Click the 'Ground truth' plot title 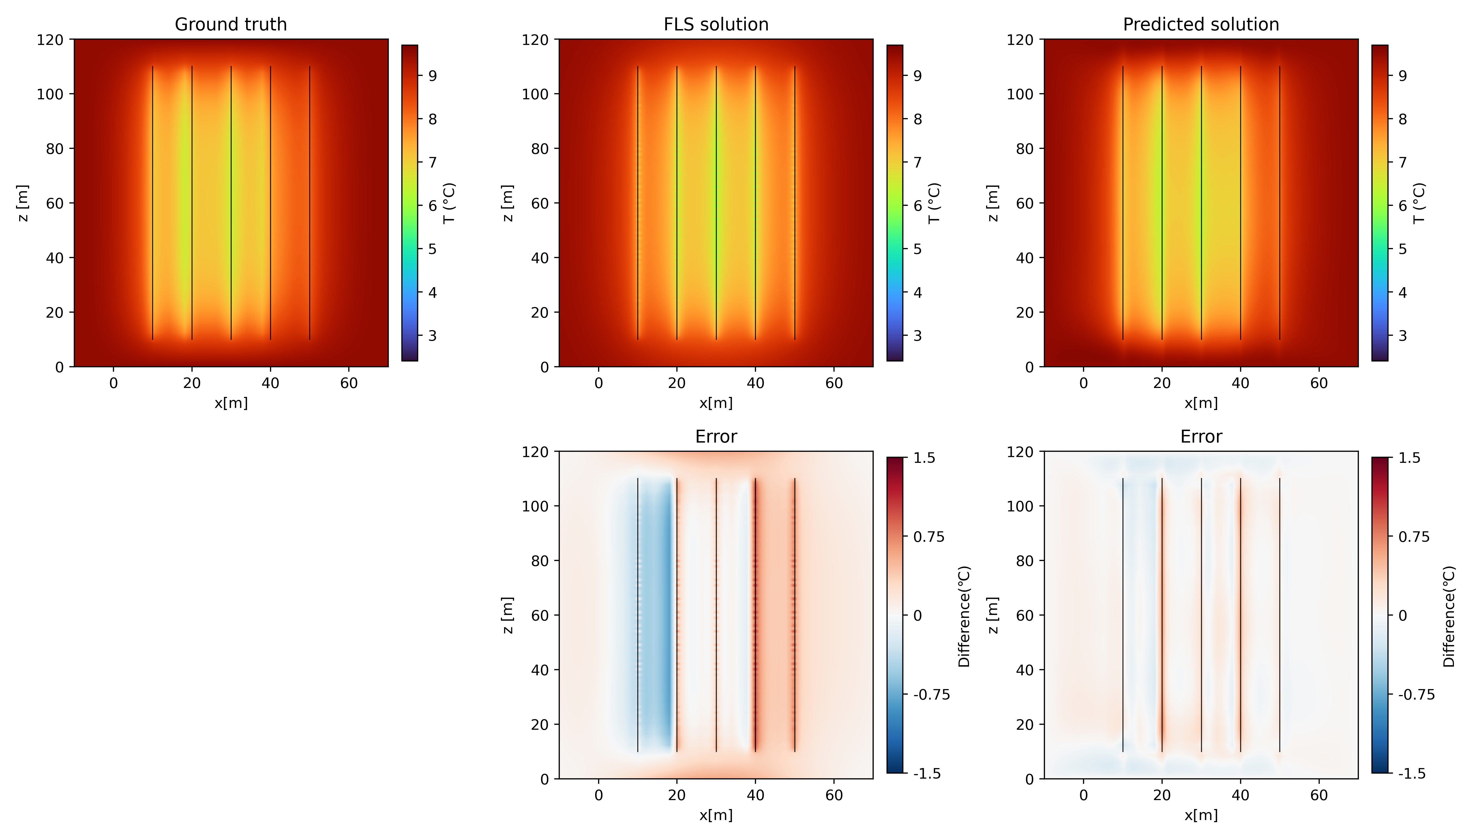pos(231,24)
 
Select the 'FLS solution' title pos(716,24)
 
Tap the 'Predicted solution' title pos(1201,24)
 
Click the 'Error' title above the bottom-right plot pos(1201,437)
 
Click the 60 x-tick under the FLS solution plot pos(834,383)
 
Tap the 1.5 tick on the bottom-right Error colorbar pos(1409,458)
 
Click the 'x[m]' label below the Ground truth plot pos(231,403)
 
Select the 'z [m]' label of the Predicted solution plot pos(992,203)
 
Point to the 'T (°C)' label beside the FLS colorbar pos(935,203)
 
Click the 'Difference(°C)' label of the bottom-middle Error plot pos(964,616)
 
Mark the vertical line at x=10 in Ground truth pos(152,203)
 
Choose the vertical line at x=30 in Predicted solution pos(1201,203)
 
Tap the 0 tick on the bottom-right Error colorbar pos(1402,616)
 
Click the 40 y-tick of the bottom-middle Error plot pos(540,670)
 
